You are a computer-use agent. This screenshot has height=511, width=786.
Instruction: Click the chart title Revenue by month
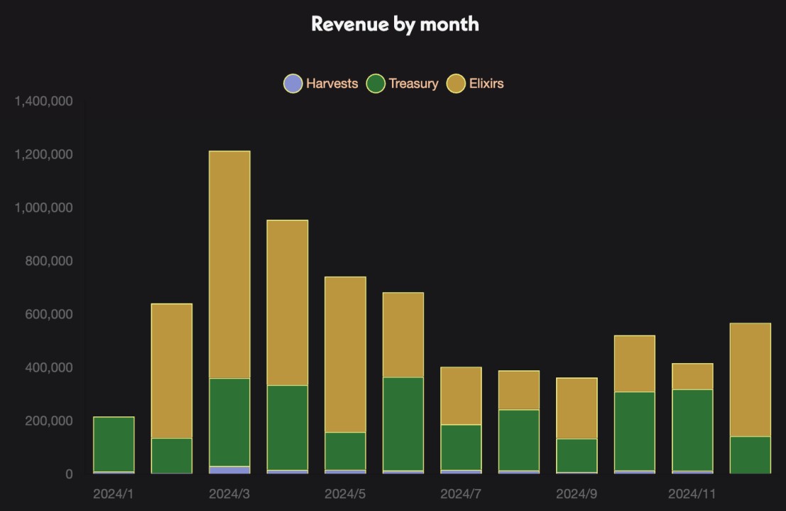coord(395,23)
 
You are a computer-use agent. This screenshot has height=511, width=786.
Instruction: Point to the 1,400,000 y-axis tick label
coord(43,101)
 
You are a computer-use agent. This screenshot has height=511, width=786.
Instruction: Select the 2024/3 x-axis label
coord(229,493)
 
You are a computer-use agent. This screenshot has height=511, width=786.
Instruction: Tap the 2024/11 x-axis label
coord(692,493)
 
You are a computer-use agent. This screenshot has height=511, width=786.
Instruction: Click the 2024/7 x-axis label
coord(461,493)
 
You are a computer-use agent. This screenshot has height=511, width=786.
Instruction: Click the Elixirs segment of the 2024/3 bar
coord(229,264)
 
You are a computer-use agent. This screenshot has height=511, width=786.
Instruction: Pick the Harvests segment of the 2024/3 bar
coord(229,470)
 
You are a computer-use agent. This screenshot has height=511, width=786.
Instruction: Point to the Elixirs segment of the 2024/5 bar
coord(345,354)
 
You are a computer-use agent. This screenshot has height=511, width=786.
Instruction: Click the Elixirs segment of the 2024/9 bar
coord(577,408)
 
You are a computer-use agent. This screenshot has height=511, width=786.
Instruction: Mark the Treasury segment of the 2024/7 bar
coord(461,447)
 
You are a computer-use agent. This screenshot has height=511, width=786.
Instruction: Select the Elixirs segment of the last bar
coord(750,380)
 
